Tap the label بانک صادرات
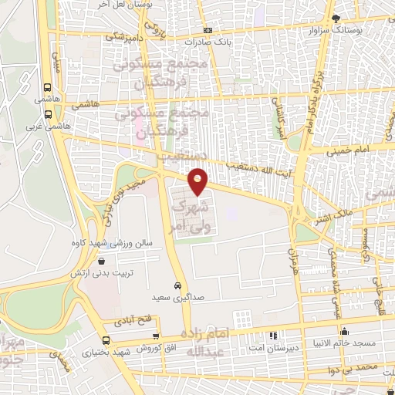tap(214, 42)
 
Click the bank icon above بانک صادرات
tap(208, 29)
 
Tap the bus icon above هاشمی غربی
tap(48, 113)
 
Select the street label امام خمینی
tap(355, 147)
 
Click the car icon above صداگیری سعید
tap(178, 284)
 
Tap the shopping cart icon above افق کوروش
tap(157, 336)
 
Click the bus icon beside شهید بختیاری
tap(106, 340)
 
